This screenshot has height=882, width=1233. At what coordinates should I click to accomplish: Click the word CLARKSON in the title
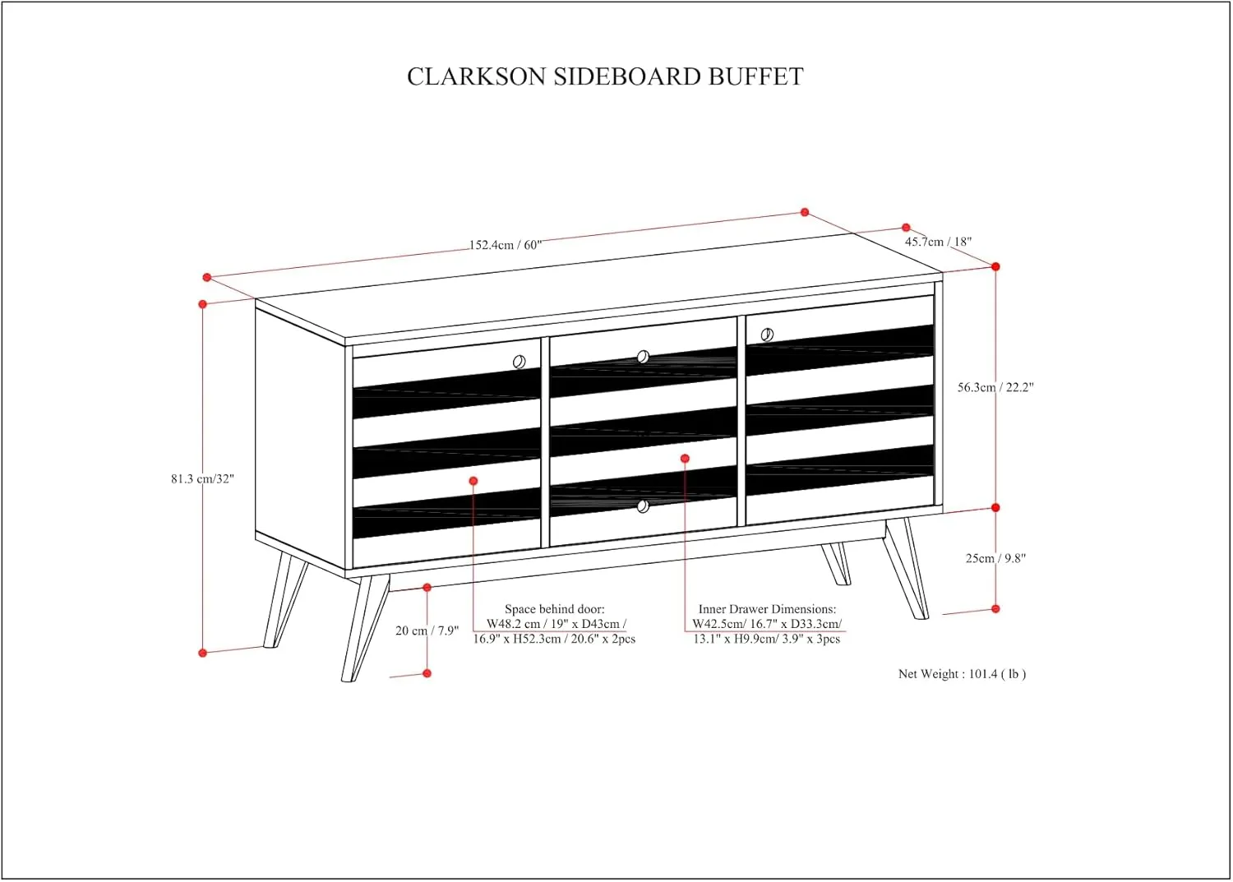pos(477,76)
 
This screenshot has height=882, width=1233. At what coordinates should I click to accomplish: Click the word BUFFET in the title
pos(755,76)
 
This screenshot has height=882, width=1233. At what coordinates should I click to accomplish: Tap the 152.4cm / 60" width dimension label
pos(506,245)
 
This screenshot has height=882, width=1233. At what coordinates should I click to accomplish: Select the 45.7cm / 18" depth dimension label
pos(939,242)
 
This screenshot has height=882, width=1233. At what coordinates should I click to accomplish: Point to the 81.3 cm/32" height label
pos(202,479)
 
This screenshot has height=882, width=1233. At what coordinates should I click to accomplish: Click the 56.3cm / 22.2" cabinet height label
pos(995,387)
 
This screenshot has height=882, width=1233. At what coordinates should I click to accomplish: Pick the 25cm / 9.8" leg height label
pos(995,558)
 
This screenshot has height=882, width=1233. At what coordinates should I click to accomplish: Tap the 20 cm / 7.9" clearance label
pos(427,631)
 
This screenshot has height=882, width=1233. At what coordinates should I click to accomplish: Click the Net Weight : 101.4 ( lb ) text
pos(963,674)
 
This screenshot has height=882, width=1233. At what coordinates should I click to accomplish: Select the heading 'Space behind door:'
pos(555,609)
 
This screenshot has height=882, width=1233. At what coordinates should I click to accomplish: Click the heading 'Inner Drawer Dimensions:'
pos(767,609)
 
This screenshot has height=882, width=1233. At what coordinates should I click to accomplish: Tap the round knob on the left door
pos(519,362)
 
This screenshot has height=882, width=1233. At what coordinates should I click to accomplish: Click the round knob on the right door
pos(767,335)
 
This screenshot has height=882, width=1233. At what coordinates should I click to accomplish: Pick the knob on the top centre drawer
pos(643,358)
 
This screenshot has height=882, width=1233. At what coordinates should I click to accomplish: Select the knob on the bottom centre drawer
pos(643,506)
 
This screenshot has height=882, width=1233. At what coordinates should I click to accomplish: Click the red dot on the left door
pos(473,481)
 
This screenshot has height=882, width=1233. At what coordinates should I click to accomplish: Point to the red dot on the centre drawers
pos(686,459)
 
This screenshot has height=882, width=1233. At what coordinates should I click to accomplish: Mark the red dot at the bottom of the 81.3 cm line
pos(202,653)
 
